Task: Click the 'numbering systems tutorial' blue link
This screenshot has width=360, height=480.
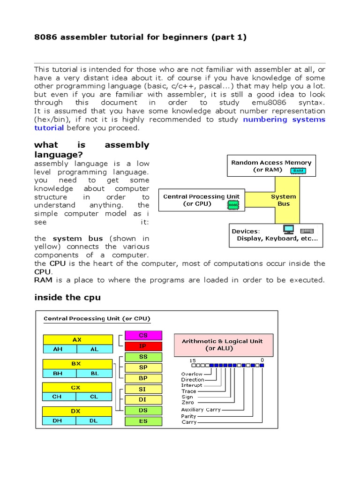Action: pyautogui.click(x=284, y=120)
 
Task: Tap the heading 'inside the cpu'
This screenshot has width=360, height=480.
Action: pyautogui.click(x=67, y=298)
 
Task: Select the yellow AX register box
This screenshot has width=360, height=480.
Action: pyautogui.click(x=77, y=339)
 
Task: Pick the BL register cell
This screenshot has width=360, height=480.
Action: pyautogui.click(x=95, y=373)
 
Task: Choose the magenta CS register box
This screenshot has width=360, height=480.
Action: pyautogui.click(x=143, y=335)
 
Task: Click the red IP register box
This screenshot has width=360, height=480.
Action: pyautogui.click(x=143, y=346)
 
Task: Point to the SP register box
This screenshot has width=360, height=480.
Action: pyautogui.click(x=143, y=367)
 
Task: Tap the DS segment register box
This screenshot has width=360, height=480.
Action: pyautogui.click(x=143, y=410)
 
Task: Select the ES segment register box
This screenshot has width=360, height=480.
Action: pyautogui.click(x=143, y=421)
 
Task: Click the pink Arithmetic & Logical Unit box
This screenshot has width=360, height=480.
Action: pyautogui.click(x=224, y=345)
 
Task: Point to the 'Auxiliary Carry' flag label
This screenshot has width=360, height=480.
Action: pyautogui.click(x=201, y=410)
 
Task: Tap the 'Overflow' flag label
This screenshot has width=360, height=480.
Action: pyautogui.click(x=193, y=374)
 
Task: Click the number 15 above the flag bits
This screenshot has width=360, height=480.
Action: pyautogui.click(x=193, y=360)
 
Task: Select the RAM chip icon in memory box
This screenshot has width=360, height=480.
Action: pyautogui.click(x=298, y=171)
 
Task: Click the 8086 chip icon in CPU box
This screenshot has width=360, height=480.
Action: pyautogui.click(x=232, y=205)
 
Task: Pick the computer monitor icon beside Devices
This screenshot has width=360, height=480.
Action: pyautogui.click(x=288, y=230)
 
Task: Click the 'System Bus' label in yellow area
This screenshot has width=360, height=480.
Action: pyautogui.click(x=284, y=200)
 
